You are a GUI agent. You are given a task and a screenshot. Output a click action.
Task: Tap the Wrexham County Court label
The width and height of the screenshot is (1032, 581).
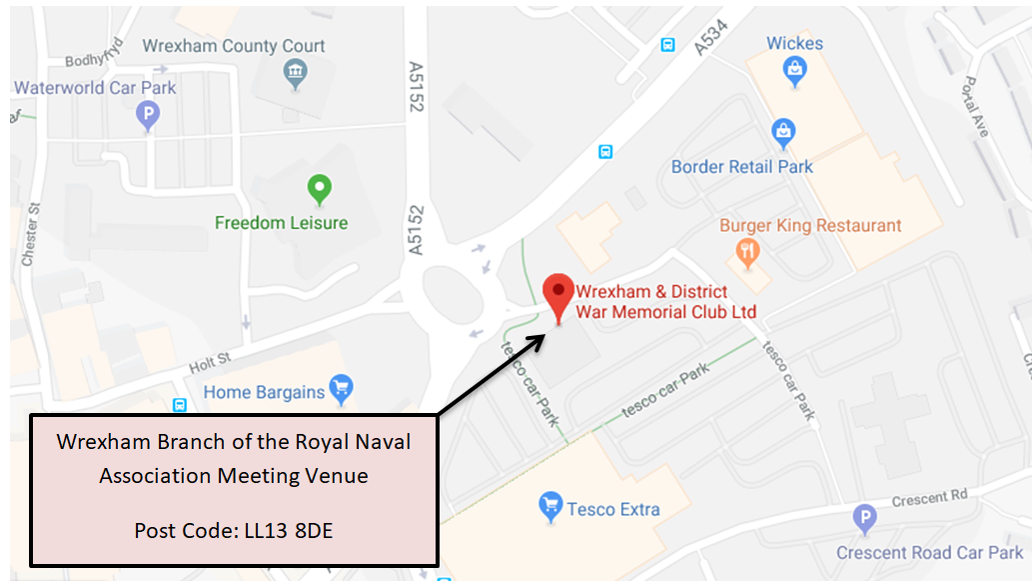234,46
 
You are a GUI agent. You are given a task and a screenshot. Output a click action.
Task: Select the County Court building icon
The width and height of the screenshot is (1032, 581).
295,72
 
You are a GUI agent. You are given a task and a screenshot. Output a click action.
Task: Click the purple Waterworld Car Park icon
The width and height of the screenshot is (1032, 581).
148,117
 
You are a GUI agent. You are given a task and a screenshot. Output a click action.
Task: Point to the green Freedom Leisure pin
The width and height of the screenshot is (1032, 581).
319,188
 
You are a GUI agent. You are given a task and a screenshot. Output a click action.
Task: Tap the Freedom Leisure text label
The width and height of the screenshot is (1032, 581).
281,223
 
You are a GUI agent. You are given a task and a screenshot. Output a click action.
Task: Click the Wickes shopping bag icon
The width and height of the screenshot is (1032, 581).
795,68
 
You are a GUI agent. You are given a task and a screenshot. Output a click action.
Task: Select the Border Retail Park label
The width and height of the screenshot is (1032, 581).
742,167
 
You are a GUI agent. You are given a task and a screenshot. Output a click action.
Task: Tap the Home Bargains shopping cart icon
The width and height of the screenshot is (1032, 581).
342,388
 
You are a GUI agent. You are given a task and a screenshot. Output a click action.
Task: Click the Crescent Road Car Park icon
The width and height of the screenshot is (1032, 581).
865,519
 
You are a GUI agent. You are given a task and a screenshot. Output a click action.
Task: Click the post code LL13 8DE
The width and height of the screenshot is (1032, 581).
234,530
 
